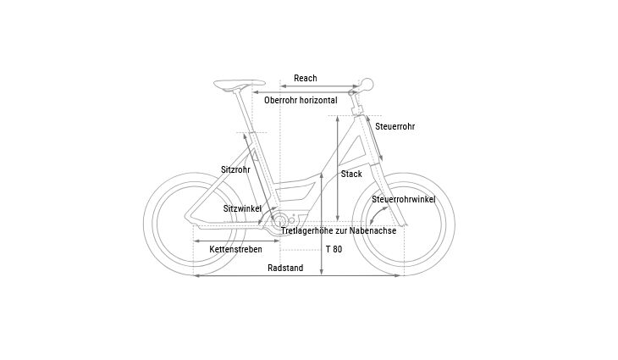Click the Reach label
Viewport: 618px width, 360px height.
click(306, 78)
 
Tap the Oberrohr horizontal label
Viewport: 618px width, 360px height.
click(301, 100)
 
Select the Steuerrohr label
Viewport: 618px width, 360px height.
click(395, 126)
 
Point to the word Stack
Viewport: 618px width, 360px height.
click(351, 174)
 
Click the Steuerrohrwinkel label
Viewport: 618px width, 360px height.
click(404, 199)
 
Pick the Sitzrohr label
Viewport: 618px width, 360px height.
click(235, 169)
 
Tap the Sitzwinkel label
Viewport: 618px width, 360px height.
click(242, 208)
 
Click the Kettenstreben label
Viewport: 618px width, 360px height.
click(235, 249)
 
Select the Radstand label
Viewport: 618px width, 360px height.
click(285, 268)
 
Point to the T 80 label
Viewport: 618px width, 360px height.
click(334, 249)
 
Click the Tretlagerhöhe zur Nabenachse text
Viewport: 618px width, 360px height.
click(339, 230)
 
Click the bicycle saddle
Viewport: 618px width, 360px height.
click(240, 84)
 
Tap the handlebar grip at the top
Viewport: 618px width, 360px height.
click(367, 84)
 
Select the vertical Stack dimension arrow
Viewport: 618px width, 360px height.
click(338, 169)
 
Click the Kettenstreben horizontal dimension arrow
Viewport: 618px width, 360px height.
click(236, 241)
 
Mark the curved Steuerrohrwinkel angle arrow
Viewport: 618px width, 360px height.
click(378, 216)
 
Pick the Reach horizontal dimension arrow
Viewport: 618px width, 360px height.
click(319, 86)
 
